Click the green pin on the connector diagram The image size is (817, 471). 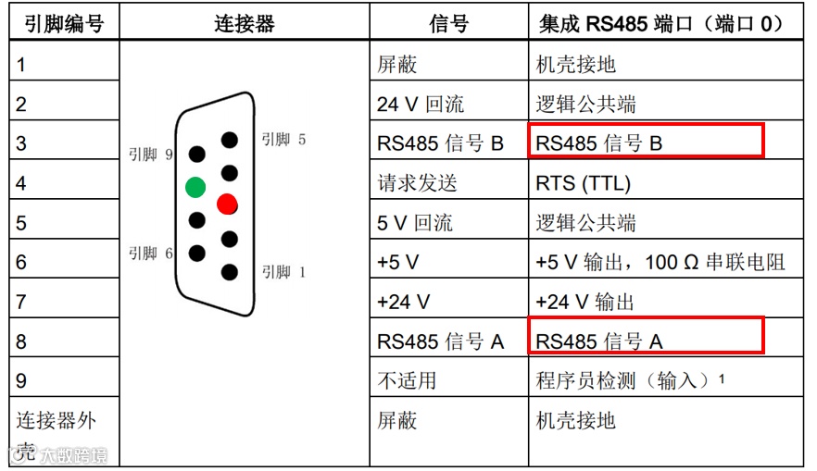click(x=195, y=187)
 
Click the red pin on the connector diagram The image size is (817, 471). click(x=228, y=204)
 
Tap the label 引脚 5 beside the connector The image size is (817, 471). click(x=283, y=140)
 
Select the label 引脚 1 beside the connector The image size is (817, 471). click(x=283, y=272)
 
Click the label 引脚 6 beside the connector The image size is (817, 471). click(x=151, y=253)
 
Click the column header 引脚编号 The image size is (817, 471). click(x=58, y=23)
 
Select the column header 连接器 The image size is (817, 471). click(x=245, y=23)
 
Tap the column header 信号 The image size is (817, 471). click(x=448, y=23)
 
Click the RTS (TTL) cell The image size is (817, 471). click(x=584, y=183)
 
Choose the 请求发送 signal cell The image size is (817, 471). click(x=417, y=183)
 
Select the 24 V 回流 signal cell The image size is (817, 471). click(x=421, y=105)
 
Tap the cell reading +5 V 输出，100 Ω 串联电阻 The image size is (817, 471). click(x=660, y=263)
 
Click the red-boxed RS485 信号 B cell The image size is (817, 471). click(x=646, y=142)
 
